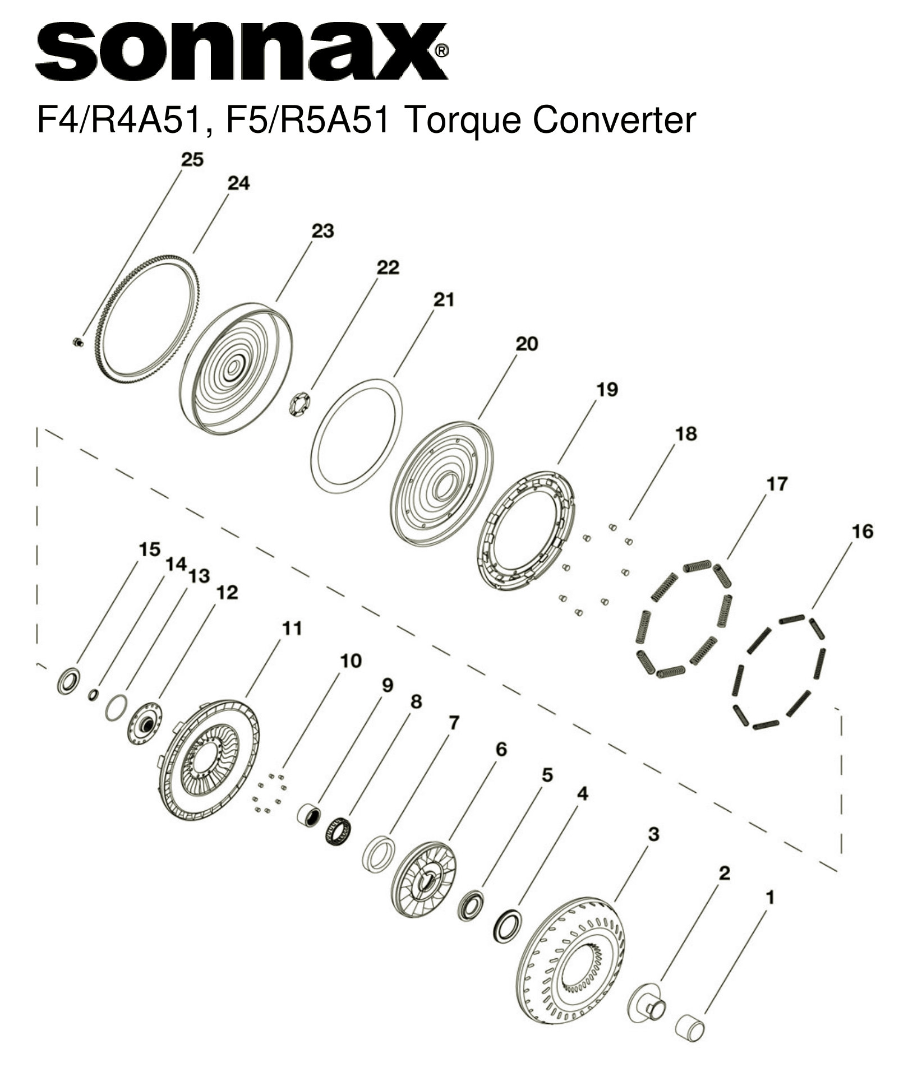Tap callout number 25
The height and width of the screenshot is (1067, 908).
click(x=192, y=160)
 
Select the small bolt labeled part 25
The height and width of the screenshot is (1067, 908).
click(x=79, y=341)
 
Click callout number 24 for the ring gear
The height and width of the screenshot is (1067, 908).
click(x=238, y=183)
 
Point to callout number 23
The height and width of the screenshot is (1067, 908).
click(x=322, y=231)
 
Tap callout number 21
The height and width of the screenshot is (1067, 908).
click(x=443, y=300)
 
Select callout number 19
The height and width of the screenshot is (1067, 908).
click(x=606, y=389)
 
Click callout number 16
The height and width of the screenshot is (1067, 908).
click(x=863, y=531)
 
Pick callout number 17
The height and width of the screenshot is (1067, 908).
click(x=777, y=483)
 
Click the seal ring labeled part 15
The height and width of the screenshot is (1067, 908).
click(x=68, y=681)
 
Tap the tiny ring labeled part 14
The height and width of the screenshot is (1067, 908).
click(x=94, y=695)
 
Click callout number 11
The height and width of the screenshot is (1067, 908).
click(x=292, y=629)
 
